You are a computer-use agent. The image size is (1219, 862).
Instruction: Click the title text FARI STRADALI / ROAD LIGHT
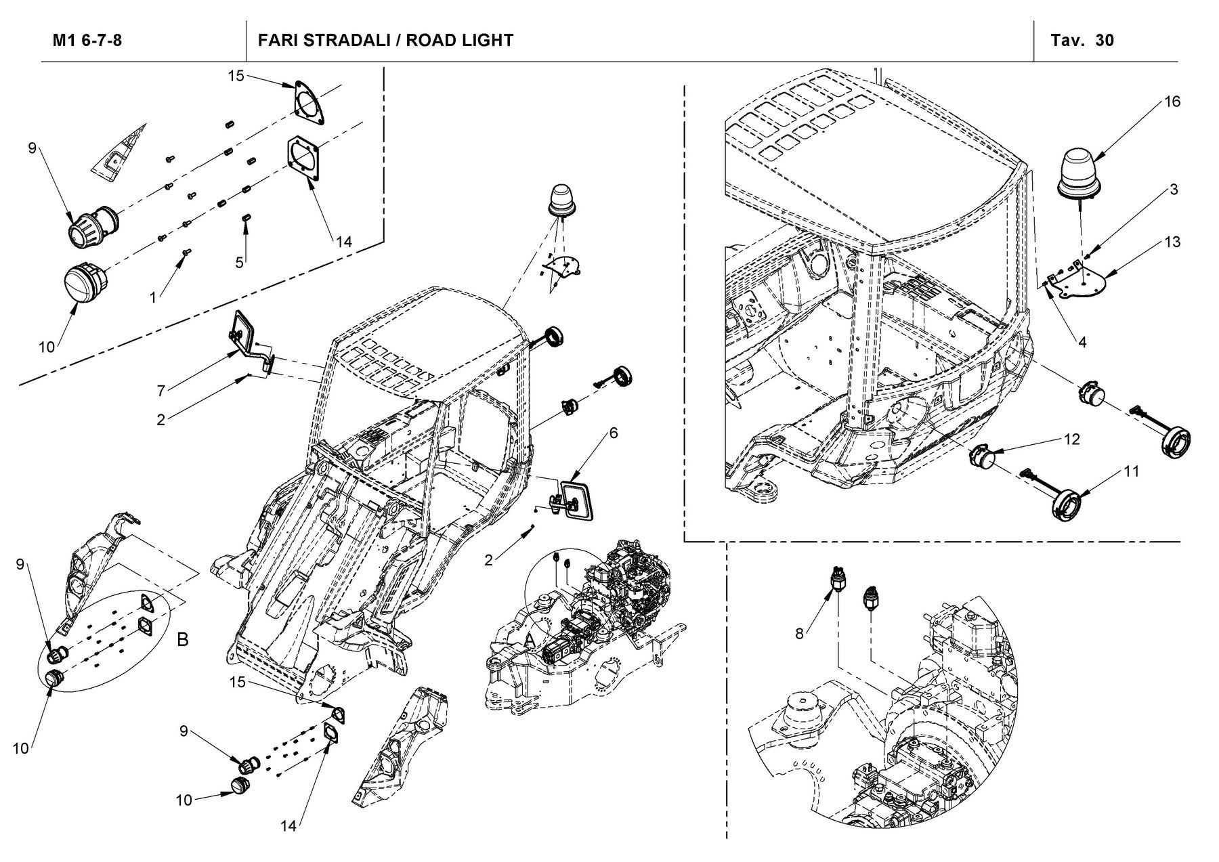tap(385, 40)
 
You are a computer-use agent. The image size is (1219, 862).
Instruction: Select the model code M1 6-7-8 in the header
tap(87, 40)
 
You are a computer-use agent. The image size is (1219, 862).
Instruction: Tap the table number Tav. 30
tap(1082, 40)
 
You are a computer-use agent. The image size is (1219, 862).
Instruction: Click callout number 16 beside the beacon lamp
tap(1172, 102)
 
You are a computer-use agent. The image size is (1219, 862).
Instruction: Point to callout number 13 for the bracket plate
tap(1172, 242)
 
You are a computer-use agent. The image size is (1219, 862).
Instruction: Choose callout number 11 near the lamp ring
tap(1131, 471)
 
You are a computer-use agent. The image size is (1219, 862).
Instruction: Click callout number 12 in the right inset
tap(1071, 439)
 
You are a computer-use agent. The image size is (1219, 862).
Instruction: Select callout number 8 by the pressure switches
tap(800, 634)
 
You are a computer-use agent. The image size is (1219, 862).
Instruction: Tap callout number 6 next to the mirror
tap(614, 433)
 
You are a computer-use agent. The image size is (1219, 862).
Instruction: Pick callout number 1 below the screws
tap(153, 297)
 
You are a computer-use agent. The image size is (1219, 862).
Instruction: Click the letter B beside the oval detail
tap(182, 639)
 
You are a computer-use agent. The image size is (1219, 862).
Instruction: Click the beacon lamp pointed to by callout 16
tap(1081, 177)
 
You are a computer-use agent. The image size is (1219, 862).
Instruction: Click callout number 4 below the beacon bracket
tap(1082, 343)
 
